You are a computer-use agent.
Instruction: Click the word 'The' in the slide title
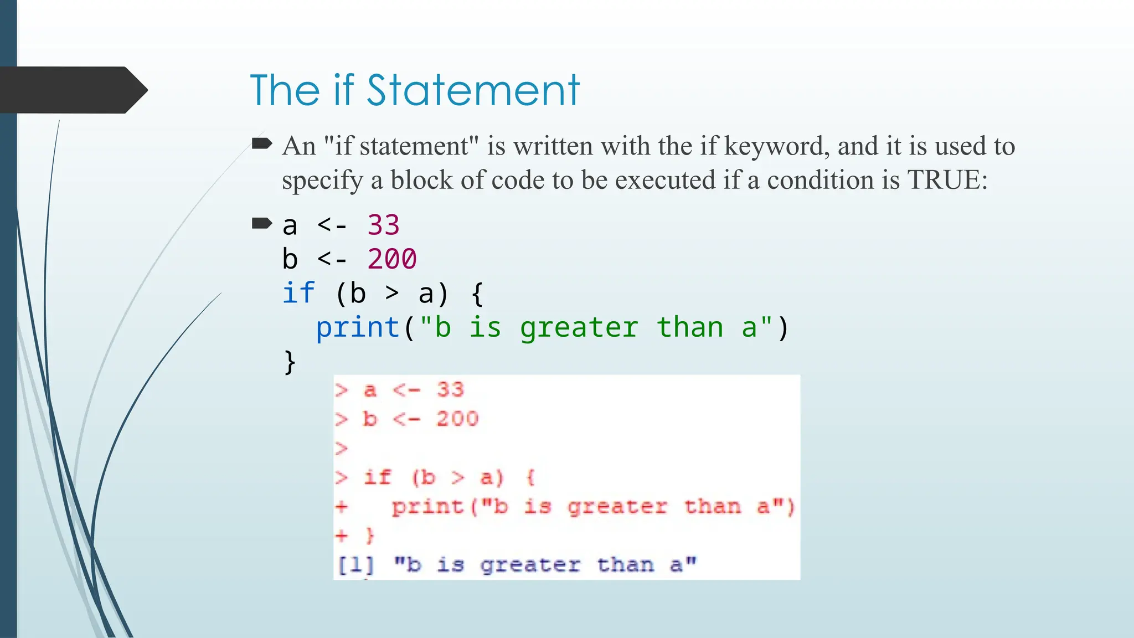[285, 90]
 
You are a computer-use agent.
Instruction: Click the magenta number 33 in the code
[383, 225]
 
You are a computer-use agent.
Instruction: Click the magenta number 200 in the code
[391, 259]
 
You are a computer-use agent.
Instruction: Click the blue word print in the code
[358, 327]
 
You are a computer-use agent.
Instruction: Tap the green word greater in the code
[579, 327]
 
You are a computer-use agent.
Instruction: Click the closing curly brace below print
[290, 362]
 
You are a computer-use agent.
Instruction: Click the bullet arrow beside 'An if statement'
[261, 144]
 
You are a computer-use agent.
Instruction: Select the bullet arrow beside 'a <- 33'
[261, 223]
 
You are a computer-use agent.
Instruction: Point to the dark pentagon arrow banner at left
[72, 90]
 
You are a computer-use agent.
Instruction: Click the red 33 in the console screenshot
[450, 390]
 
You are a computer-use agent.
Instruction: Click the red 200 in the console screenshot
[457, 419]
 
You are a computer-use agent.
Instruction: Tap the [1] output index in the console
[355, 565]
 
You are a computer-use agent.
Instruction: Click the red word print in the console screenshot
[427, 507]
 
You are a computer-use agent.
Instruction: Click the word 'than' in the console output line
[625, 565]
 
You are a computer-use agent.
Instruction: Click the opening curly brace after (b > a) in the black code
[477, 294]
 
